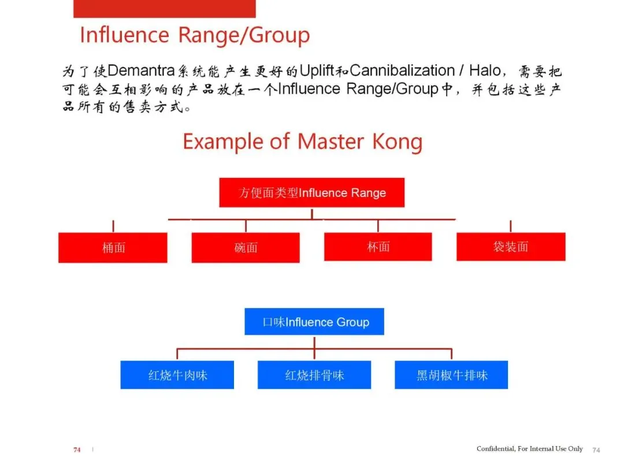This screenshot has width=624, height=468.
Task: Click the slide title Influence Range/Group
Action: tap(195, 35)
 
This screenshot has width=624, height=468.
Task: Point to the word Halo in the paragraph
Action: tap(486, 72)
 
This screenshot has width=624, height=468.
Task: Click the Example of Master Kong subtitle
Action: tap(302, 142)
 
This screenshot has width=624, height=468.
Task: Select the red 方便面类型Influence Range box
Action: tap(312, 192)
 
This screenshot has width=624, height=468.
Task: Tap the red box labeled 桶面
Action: tap(113, 248)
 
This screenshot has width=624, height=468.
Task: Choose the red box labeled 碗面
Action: tap(246, 248)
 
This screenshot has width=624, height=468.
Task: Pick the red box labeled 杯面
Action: tap(378, 247)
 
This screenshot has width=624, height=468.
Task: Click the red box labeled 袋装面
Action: tap(511, 247)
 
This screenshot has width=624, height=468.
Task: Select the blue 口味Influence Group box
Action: tap(314, 322)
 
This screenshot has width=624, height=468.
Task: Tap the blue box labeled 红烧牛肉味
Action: tap(177, 375)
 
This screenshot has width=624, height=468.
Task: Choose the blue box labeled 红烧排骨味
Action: tap(314, 375)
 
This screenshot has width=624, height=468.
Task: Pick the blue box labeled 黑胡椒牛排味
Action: tap(451, 375)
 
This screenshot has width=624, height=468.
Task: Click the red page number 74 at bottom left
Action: tap(77, 450)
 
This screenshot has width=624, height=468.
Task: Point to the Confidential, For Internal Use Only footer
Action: tap(529, 449)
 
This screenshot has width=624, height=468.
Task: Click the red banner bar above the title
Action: tap(165, 9)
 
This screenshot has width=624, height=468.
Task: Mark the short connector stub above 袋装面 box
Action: tap(511, 226)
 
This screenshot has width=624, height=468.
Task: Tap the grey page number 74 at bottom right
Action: tap(597, 450)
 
